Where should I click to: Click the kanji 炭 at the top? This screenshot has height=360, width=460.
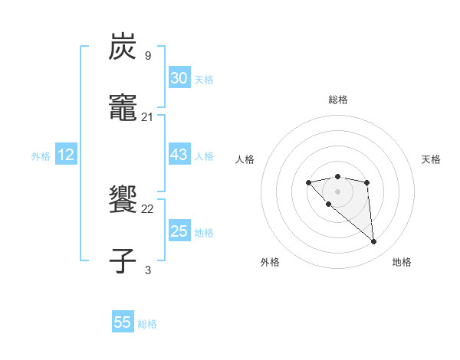(123, 47)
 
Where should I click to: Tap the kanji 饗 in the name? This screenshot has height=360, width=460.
(123, 200)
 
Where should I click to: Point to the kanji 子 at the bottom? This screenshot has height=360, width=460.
(123, 260)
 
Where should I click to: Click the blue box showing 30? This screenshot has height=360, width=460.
(179, 78)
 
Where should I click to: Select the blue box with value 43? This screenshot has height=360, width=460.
(179, 155)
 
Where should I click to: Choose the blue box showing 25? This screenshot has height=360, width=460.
(179, 231)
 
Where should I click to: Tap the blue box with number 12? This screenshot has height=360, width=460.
(66, 155)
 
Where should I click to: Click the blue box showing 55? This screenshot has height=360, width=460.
(123, 322)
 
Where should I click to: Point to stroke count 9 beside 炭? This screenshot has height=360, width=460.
(148, 56)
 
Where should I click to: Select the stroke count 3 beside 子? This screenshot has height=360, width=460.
(148, 270)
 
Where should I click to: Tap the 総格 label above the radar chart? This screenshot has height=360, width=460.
(338, 100)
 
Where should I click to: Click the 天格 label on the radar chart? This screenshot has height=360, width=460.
(431, 159)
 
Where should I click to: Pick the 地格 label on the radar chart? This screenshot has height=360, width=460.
(402, 262)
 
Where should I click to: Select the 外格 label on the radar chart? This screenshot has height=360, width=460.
(270, 262)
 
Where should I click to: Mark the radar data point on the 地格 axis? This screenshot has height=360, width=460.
(374, 242)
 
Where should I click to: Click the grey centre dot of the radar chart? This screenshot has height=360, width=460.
(337, 191)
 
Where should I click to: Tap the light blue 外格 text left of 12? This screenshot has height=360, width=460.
(41, 155)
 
